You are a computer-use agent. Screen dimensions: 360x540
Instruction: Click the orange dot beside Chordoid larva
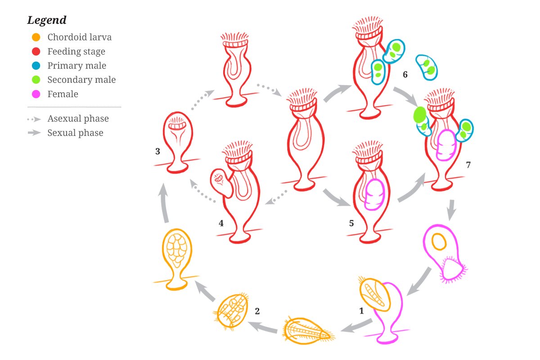[37, 37]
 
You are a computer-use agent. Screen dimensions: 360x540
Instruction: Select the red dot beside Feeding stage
[37, 51]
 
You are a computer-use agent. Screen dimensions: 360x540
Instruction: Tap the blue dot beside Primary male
[37, 66]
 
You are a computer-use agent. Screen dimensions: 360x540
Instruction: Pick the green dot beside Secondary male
[37, 80]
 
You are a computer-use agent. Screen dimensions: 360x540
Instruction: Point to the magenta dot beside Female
[37, 94]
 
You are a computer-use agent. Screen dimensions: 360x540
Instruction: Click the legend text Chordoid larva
[79, 37]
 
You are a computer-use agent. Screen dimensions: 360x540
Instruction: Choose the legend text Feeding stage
[76, 51]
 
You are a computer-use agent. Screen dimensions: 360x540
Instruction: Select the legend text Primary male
[77, 66]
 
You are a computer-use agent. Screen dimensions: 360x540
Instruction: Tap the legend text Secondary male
[81, 80]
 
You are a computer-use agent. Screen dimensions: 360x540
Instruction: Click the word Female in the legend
[63, 94]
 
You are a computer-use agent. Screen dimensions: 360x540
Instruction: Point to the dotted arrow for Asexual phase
[34, 119]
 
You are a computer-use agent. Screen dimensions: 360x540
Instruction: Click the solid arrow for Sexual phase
[34, 133]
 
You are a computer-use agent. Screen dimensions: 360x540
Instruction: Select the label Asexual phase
[78, 119]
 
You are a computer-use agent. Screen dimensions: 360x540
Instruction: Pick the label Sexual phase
[75, 133]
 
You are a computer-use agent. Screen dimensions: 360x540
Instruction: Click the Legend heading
[47, 21]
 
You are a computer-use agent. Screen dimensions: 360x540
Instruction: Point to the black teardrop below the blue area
[407, 73]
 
